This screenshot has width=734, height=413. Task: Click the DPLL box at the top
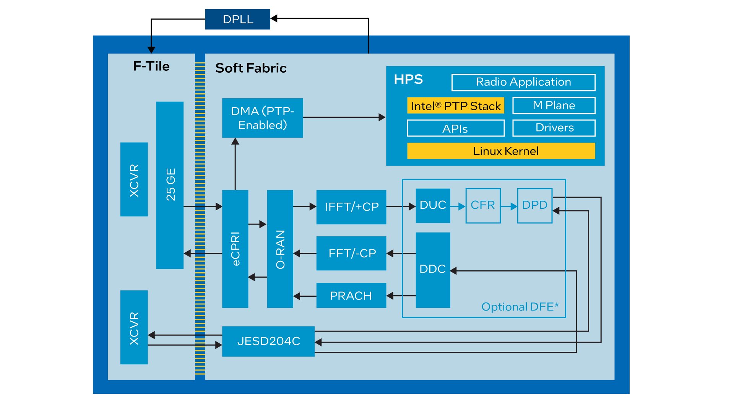click(237, 19)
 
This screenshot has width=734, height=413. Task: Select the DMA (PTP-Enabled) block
click(262, 118)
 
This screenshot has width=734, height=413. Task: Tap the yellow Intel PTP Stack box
click(455, 106)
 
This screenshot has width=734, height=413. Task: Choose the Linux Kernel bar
click(501, 151)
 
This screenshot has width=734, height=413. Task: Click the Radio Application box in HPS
click(523, 82)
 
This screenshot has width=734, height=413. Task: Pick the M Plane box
click(554, 105)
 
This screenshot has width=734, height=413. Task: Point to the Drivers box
click(554, 128)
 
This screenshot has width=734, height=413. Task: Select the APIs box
click(455, 128)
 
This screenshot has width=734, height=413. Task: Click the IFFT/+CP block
click(351, 207)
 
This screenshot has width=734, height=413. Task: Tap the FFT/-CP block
click(351, 253)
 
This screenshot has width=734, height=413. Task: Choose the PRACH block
click(351, 296)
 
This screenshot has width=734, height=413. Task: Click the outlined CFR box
click(483, 205)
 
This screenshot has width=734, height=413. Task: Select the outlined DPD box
click(534, 205)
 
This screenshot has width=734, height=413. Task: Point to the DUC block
click(433, 205)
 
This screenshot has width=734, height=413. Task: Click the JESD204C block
click(268, 341)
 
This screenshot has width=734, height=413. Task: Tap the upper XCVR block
click(134, 179)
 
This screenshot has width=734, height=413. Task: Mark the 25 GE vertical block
click(170, 185)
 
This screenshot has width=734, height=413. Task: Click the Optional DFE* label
click(520, 307)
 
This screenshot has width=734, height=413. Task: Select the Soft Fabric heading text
click(251, 68)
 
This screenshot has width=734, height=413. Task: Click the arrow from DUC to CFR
click(458, 206)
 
